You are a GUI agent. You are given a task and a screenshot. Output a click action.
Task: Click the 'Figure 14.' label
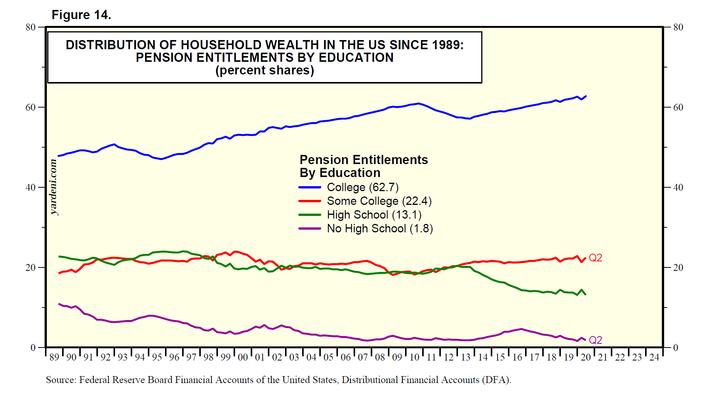81,15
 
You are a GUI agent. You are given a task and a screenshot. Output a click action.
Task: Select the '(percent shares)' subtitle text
265,71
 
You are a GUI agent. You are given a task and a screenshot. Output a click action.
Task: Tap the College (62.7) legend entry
362,187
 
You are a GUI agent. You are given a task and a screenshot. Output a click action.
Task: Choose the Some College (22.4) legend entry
379,201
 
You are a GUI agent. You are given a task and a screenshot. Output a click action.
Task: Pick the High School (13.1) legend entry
374,215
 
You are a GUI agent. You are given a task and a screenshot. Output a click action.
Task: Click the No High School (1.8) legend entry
380,229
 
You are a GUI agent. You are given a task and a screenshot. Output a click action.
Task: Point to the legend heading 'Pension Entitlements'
364,159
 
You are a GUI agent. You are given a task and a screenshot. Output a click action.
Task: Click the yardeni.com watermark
54,187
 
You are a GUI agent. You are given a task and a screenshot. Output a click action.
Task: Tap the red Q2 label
596,258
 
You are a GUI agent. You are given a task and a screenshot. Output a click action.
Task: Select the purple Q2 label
596,340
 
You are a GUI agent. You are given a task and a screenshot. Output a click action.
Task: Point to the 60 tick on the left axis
30,107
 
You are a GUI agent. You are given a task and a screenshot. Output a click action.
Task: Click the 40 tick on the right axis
678,187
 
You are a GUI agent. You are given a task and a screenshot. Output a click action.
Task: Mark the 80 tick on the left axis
30,27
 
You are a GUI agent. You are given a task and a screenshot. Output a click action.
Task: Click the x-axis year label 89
54,357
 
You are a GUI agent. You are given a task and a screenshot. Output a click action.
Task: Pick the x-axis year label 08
380,357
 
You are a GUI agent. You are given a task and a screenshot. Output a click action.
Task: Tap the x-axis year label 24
654,357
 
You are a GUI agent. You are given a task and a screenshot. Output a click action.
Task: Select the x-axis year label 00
243,357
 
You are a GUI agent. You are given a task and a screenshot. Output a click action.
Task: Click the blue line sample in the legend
310,187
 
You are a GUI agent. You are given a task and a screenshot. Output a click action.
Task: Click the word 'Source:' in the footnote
61,380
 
